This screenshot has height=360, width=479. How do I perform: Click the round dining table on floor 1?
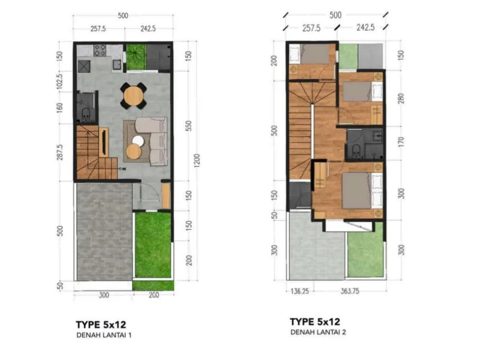tap(133, 96)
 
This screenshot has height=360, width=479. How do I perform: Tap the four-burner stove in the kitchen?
tap(100, 50)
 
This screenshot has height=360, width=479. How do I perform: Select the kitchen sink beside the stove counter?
tap(116, 65)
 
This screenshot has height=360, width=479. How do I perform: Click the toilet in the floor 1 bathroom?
tap(86, 113)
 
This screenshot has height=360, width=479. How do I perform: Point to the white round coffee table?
tap(138, 141)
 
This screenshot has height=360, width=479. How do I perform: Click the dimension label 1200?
tap(197, 160)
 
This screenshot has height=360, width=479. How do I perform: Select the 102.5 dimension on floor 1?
tap(60, 82)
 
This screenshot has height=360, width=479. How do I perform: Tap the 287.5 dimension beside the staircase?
tap(60, 152)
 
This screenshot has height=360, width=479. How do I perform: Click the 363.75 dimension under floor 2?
tap(350, 291)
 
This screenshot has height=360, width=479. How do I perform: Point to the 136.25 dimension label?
tap(300, 291)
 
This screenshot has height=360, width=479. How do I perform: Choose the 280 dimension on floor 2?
tap(401, 98)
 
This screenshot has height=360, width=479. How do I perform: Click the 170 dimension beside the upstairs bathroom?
tap(401, 142)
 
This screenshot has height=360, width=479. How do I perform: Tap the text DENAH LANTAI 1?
tap(104, 335)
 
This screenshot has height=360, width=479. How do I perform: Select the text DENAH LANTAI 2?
tap(318, 332)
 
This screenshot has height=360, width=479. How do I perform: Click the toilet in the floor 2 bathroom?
tap(356, 152)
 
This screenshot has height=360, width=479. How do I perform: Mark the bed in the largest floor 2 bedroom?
tap(362, 191)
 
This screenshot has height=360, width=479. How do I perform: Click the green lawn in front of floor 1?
tap(153, 245)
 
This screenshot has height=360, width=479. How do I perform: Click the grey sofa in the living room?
tap(155, 141)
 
